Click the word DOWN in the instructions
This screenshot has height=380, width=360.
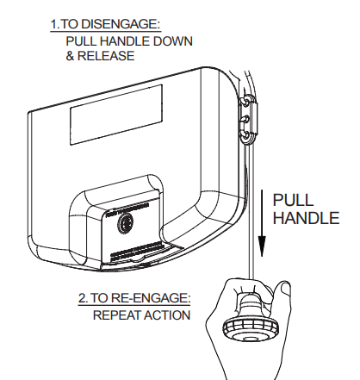click(x=173, y=41)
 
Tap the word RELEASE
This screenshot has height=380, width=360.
click(x=110, y=56)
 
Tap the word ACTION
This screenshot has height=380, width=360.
click(x=168, y=315)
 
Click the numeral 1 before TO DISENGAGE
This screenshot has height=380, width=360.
click(x=53, y=25)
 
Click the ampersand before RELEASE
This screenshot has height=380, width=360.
click(x=71, y=56)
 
